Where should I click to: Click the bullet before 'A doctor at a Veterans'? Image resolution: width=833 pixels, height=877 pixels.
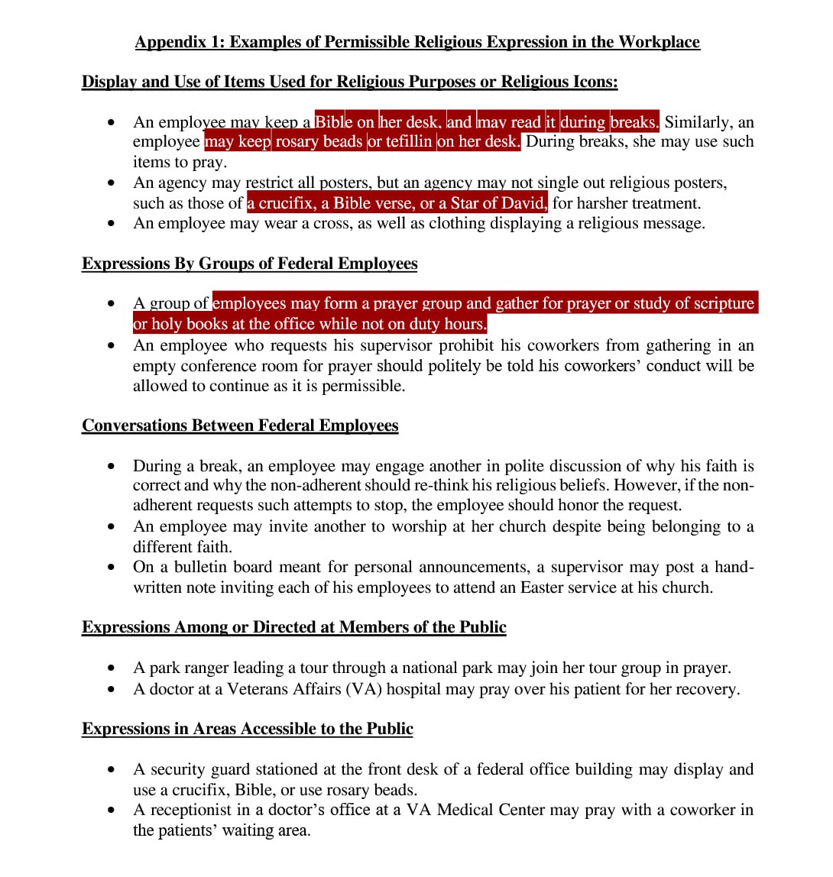tap(113, 689)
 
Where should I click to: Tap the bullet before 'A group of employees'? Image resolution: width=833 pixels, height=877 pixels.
tap(113, 304)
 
